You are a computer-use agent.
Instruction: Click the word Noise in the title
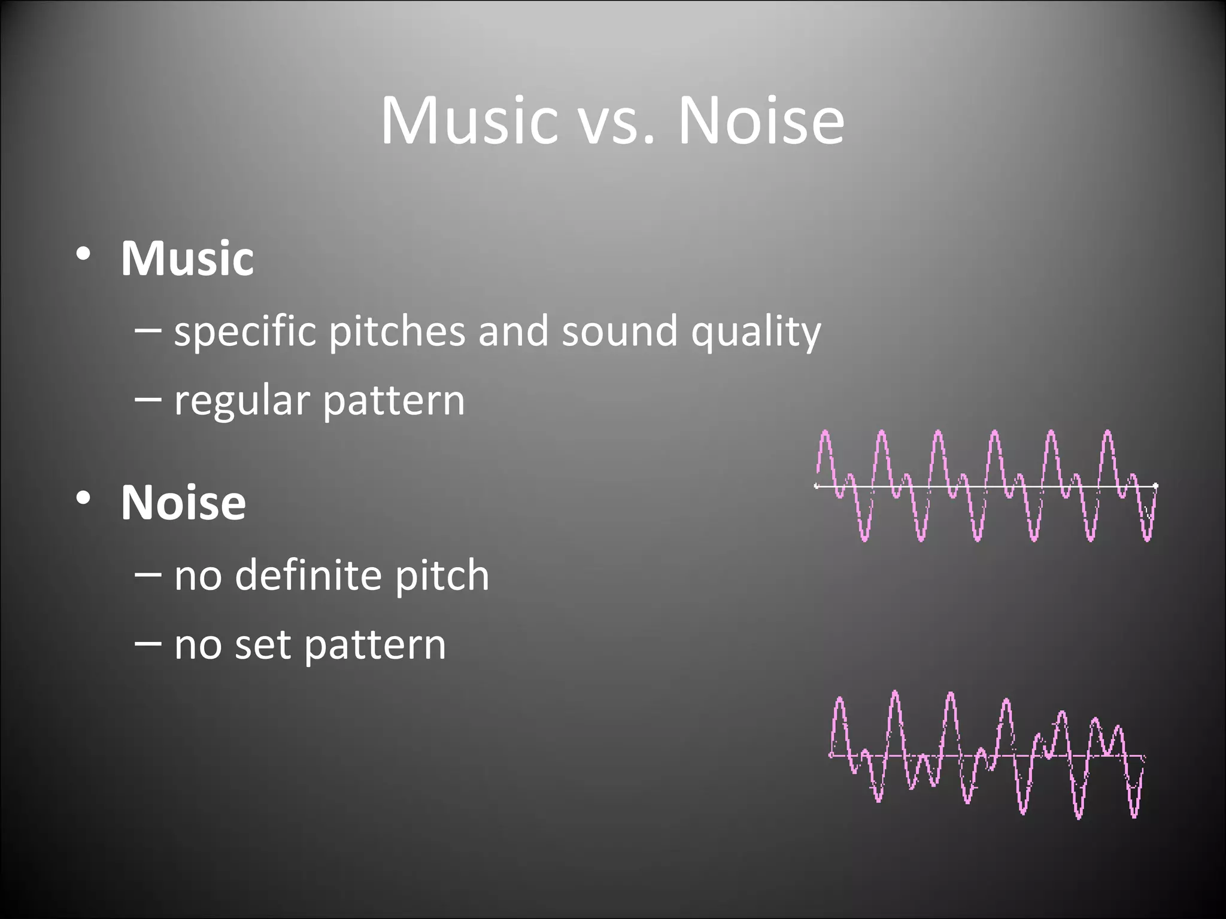760,121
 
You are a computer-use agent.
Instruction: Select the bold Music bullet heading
187,258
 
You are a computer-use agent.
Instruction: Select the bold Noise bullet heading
183,503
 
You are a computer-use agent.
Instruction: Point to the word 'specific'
244,331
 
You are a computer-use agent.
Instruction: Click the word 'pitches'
396,331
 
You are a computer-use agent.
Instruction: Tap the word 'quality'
755,333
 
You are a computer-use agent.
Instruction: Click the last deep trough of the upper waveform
1147,538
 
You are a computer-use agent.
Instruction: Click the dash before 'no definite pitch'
148,574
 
